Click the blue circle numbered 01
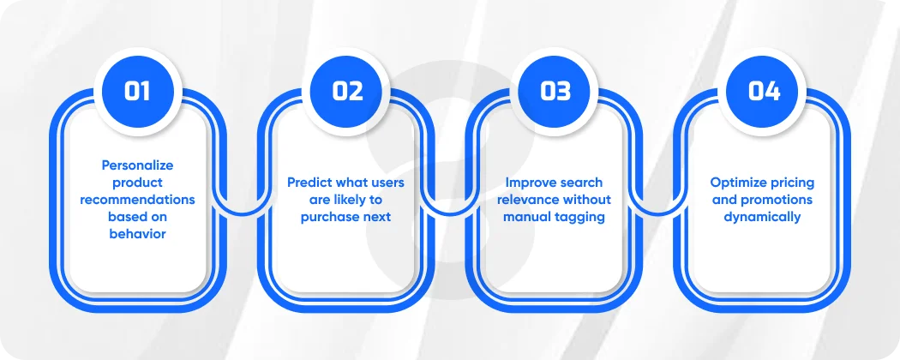(137, 91)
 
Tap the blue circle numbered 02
(346, 91)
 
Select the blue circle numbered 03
(555, 91)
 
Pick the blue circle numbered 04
(764, 91)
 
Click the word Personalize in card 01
(137, 165)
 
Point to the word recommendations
(137, 200)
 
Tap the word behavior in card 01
(137, 234)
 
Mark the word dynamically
(762, 217)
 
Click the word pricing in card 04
(795, 183)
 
